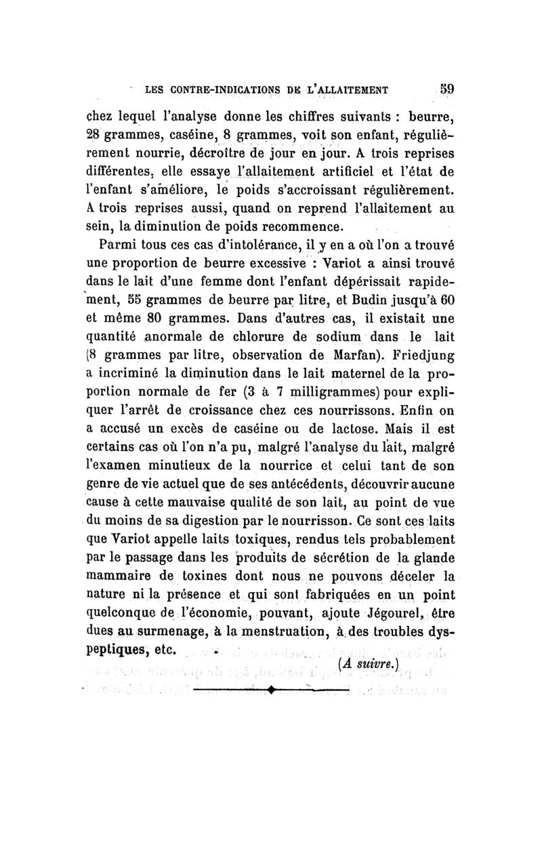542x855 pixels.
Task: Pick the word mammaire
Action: click(x=127, y=577)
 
